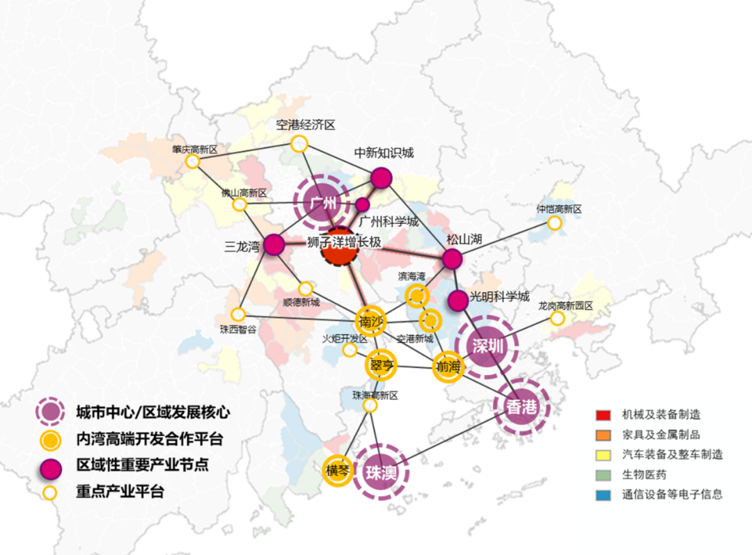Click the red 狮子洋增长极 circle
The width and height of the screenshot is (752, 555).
pyautogui.click(x=339, y=246)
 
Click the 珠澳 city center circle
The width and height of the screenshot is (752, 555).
pyautogui.click(x=380, y=473)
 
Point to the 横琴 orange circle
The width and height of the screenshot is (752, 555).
pyautogui.click(x=339, y=471)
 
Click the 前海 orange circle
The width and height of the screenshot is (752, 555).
pyautogui.click(x=448, y=367)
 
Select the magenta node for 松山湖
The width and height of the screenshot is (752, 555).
pyautogui.click(x=453, y=259)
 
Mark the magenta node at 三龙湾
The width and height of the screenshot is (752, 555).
pyautogui.click(x=274, y=244)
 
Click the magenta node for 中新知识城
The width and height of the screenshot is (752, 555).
pyautogui.click(x=381, y=178)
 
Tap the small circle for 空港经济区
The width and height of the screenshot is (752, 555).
pyautogui.click(x=299, y=143)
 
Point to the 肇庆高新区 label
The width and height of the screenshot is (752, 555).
pyautogui.click(x=196, y=149)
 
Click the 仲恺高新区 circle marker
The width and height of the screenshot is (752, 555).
pyautogui.click(x=554, y=223)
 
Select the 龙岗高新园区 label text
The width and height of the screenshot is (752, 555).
pyautogui.click(x=565, y=305)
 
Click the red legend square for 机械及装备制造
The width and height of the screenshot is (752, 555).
pyautogui.click(x=602, y=415)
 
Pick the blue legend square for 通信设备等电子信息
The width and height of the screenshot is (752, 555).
pyautogui.click(x=602, y=495)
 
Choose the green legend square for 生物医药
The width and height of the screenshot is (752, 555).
pyautogui.click(x=602, y=475)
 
